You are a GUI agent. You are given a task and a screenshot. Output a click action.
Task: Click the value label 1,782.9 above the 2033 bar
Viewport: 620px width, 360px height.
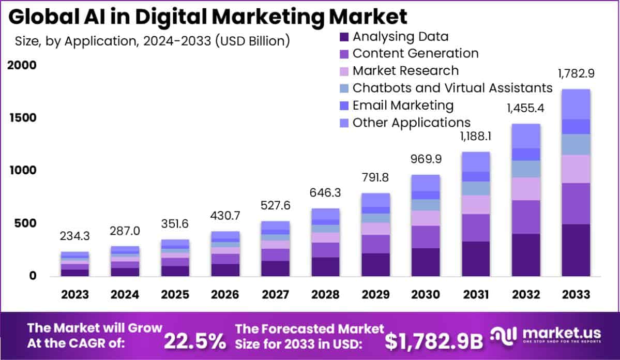coord(576,74)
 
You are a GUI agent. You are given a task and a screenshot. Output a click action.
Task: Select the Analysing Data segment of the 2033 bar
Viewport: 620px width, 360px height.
coord(576,250)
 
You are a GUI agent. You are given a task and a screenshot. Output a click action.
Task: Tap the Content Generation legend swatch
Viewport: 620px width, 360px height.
coord(344,54)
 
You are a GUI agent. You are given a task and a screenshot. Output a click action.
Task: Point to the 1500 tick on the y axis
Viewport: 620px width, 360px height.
coord(22,118)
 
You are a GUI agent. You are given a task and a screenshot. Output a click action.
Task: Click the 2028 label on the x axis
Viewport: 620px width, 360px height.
coord(325,294)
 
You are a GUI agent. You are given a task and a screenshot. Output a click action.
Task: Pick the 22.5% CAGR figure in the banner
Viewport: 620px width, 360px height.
coord(195,340)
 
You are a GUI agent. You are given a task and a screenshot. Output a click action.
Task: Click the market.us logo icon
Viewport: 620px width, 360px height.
coord(504,337)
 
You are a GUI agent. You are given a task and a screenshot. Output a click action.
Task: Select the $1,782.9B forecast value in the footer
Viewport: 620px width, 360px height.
coord(434,340)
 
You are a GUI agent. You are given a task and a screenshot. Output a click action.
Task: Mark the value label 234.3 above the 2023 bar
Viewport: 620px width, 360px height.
coord(75,236)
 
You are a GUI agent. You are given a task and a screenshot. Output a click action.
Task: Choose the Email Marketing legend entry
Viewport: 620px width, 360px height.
coord(403,106)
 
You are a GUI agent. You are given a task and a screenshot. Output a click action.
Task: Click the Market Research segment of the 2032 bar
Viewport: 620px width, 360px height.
coord(526,189)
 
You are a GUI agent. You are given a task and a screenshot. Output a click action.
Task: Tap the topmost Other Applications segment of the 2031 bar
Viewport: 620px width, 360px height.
coord(476,161)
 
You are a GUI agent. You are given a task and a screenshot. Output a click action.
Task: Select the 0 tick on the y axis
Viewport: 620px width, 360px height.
coord(33,276)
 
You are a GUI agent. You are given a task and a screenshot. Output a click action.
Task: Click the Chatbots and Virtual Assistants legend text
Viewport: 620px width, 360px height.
coord(452,88)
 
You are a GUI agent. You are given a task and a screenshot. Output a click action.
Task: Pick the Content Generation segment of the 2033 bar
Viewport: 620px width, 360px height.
coord(576,203)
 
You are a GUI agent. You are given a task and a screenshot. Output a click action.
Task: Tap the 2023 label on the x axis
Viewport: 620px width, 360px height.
coord(75,294)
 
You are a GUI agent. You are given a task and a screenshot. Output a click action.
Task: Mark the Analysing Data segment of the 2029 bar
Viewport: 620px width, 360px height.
coord(375,264)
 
